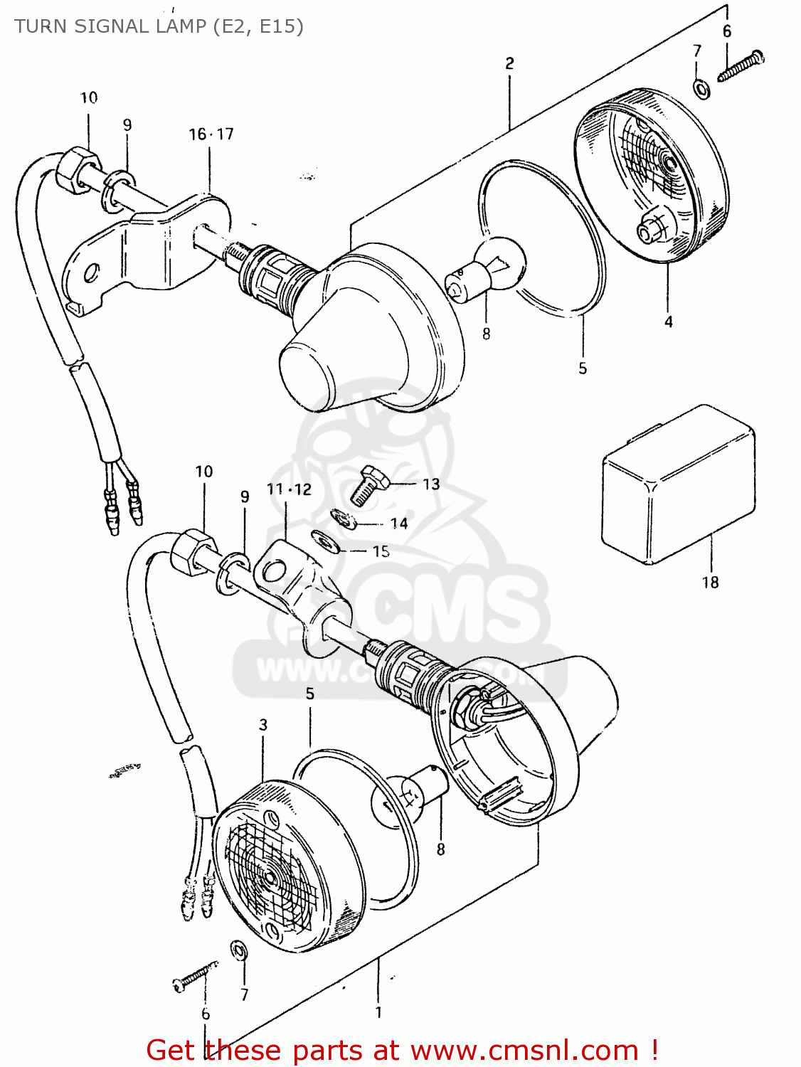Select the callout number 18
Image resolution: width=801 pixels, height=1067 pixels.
pyautogui.click(x=710, y=583)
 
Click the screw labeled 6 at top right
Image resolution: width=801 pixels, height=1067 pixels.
pyautogui.click(x=741, y=65)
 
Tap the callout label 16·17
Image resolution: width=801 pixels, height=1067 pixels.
pyautogui.click(x=211, y=134)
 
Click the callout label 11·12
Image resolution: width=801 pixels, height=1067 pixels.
pyautogui.click(x=289, y=489)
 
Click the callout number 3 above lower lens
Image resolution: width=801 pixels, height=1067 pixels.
pyautogui.click(x=263, y=725)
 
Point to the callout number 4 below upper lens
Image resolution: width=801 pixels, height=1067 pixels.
pyautogui.click(x=669, y=322)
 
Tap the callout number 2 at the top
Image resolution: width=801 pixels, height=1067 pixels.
pyautogui.click(x=509, y=63)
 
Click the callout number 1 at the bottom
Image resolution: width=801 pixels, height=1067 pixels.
pyautogui.click(x=378, y=1012)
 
